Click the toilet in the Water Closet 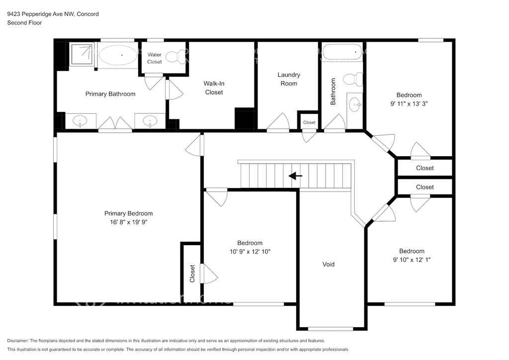175,57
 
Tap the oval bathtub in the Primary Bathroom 118,55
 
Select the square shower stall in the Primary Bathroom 82,55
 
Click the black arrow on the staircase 295,176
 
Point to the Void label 328,264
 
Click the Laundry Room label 289,79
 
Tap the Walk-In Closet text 214,88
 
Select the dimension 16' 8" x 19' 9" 129,222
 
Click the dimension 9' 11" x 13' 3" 409,103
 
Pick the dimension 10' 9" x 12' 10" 250,252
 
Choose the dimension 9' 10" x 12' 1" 412,260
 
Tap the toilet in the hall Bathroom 353,79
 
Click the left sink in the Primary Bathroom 80,121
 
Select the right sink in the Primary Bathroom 150,121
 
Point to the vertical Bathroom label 333,91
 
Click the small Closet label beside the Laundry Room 309,122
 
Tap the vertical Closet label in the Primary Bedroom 192,273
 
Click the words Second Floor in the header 25,23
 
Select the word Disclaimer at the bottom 18,341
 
